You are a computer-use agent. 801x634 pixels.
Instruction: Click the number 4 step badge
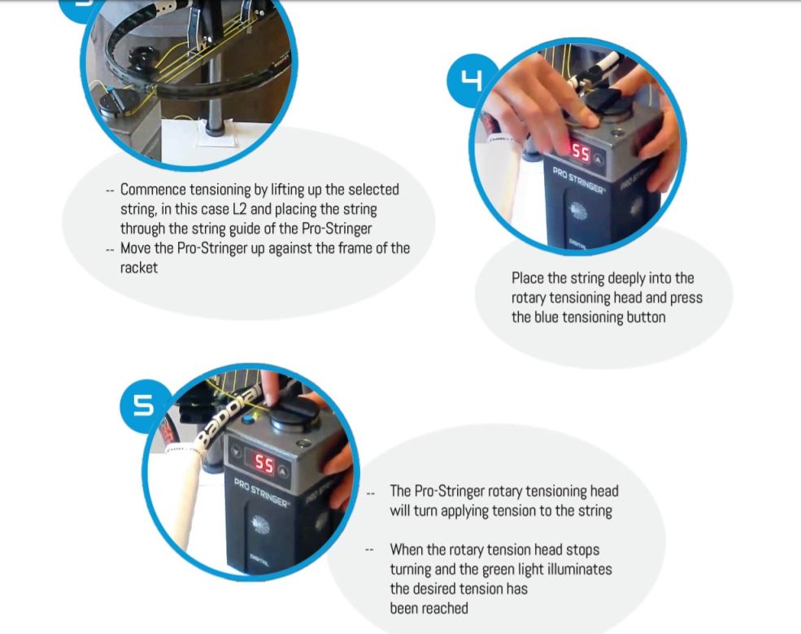pos(472,81)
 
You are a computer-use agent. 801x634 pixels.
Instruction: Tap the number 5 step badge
pos(144,405)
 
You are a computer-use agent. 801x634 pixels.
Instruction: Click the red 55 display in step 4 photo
pos(581,152)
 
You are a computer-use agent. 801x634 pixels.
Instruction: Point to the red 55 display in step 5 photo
pos(264,464)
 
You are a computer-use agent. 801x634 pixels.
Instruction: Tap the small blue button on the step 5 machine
pos(249,419)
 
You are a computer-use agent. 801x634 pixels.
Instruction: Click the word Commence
pos(153,190)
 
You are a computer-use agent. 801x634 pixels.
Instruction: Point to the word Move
pos(134,248)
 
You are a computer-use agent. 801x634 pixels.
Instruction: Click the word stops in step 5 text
pos(582,550)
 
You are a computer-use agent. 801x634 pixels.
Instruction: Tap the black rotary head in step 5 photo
pos(294,415)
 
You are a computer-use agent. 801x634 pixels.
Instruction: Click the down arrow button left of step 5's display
pos(236,452)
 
